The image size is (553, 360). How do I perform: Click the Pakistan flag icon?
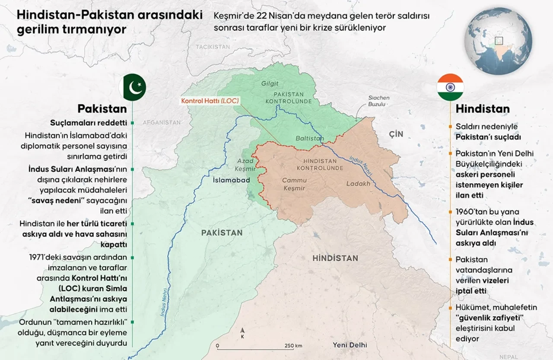click(134, 87)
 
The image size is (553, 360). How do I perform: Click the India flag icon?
click(450, 87)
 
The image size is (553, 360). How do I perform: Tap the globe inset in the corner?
click(498, 41)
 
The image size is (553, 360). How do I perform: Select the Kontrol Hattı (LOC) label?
click(210, 101)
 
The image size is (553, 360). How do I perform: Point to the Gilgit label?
click(270, 83)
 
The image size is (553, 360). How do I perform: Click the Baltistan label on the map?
click(309, 138)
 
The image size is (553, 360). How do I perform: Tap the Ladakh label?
click(358, 183)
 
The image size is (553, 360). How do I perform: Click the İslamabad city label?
click(232, 179)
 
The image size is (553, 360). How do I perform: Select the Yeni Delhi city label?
click(350, 345)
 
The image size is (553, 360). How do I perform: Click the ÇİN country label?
click(396, 134)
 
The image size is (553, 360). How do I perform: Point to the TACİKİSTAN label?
click(213, 47)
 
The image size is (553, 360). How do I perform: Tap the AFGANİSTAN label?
click(162, 122)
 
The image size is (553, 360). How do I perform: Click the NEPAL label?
click(508, 357)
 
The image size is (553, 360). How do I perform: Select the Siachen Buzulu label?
click(378, 101)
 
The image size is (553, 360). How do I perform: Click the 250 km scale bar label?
click(293, 346)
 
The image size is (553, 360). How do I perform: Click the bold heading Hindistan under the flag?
click(483, 109)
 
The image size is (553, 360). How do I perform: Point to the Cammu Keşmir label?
click(294, 184)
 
